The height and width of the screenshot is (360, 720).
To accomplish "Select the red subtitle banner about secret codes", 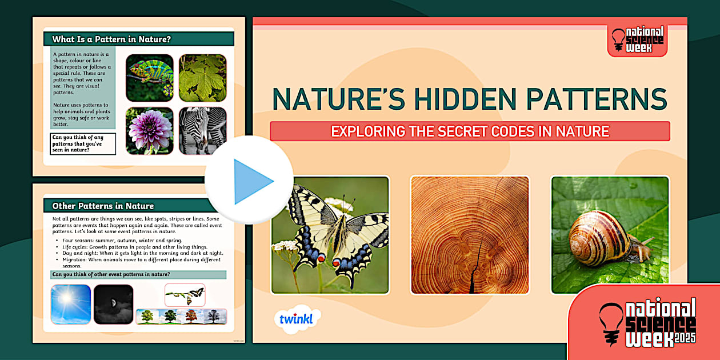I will [470, 131].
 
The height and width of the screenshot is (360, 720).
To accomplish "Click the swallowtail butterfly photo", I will [330, 235].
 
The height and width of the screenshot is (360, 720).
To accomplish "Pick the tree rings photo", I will [470, 235].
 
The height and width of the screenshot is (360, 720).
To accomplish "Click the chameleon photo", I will [150, 78].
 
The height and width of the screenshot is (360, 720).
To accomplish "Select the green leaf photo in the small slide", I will [202, 78].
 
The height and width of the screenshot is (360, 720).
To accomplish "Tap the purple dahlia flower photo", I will [150, 131].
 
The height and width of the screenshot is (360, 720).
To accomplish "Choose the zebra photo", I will [202, 131].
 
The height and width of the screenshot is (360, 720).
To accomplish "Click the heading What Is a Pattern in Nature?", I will [112, 39].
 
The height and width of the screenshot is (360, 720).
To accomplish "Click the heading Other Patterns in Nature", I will [103, 206].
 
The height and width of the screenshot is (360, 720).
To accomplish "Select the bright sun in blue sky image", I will [71, 304].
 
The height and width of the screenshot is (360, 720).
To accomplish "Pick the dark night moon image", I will [113, 304].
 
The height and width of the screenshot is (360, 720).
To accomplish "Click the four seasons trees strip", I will [181, 317].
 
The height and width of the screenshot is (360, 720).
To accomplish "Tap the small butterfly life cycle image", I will [185, 295].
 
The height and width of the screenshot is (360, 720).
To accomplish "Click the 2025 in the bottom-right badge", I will [685, 338].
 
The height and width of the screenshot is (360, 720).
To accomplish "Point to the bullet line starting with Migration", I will [137, 259].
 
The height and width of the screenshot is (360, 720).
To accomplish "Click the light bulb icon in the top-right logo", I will [618, 40].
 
